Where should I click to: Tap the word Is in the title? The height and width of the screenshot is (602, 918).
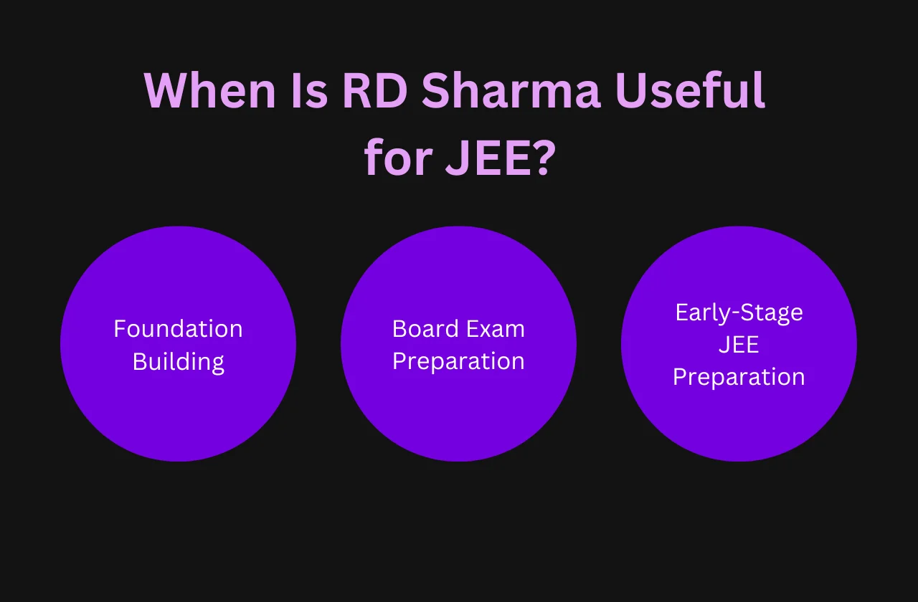(309, 90)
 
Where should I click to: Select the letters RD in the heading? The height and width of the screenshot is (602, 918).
(374, 90)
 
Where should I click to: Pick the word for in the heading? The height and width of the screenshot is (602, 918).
(398, 156)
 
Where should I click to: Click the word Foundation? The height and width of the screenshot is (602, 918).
(179, 328)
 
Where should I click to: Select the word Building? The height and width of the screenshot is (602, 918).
(179, 363)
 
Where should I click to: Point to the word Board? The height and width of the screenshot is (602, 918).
(425, 328)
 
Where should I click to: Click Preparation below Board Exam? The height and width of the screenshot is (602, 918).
(458, 362)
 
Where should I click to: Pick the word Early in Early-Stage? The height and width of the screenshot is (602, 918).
(703, 313)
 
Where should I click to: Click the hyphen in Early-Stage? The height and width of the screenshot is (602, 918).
(735, 315)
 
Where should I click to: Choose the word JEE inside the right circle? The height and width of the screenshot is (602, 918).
(739, 345)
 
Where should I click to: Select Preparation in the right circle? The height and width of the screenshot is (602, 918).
(739, 377)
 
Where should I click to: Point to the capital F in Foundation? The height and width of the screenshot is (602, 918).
(120, 329)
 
